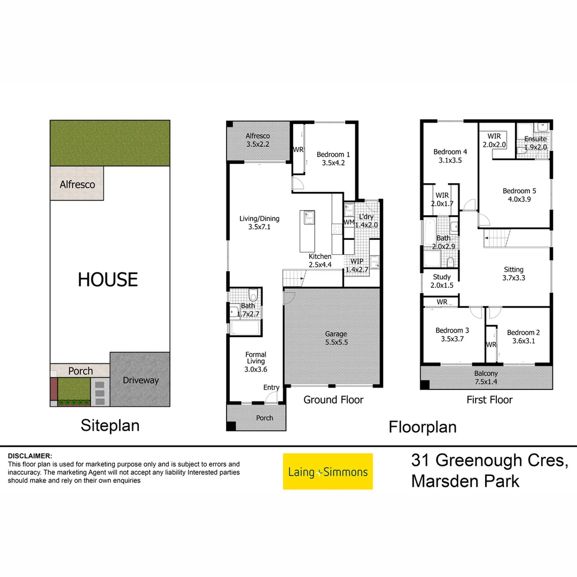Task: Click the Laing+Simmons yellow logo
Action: click(328, 471)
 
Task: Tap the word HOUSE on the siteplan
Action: click(108, 279)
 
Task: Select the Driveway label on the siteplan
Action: click(141, 380)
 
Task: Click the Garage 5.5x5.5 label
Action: click(336, 338)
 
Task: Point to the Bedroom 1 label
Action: click(333, 159)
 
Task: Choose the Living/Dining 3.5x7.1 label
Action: click(260, 223)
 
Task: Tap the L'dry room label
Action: click(366, 221)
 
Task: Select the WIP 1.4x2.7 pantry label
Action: click(357, 266)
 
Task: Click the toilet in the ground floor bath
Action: click(254, 295)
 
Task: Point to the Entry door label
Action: click(271, 387)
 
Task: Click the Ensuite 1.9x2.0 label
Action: click(535, 143)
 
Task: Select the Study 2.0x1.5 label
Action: click(442, 281)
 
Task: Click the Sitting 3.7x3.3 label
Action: click(513, 274)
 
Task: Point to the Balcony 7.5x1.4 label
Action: click(486, 377)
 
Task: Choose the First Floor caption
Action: click(489, 400)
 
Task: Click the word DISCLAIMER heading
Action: click(30, 456)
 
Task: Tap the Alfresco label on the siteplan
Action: click(77, 184)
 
